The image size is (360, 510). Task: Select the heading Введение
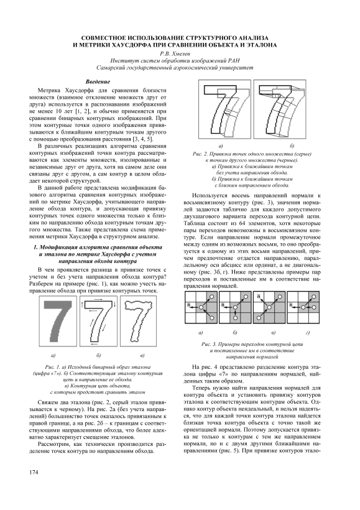[x=98, y=82]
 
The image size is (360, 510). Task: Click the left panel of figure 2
[x=224, y=109]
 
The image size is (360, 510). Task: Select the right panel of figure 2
[x=279, y=109]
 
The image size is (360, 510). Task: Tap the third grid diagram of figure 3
[x=269, y=307]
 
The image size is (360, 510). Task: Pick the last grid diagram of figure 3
[x=303, y=307]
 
